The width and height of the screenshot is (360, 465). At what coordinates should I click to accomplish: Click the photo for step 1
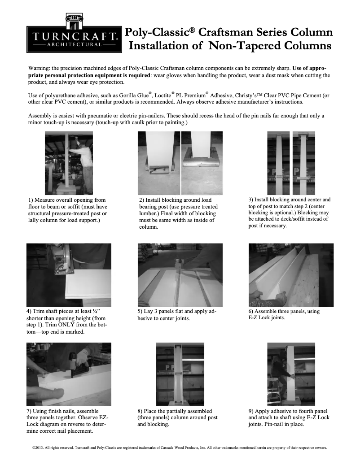click(69, 163)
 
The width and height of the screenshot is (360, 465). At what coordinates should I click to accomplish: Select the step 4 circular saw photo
click(69, 275)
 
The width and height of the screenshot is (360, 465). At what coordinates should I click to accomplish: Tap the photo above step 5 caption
click(180, 275)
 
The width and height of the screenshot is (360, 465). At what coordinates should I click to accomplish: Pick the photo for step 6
click(291, 275)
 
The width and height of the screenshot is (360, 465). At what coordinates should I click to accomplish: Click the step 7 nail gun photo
click(69, 374)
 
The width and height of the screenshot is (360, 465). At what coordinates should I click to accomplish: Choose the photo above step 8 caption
click(180, 374)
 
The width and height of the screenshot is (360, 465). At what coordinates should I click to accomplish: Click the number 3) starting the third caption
click(250, 200)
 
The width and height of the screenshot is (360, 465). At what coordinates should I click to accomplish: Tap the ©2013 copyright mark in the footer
click(38, 448)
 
